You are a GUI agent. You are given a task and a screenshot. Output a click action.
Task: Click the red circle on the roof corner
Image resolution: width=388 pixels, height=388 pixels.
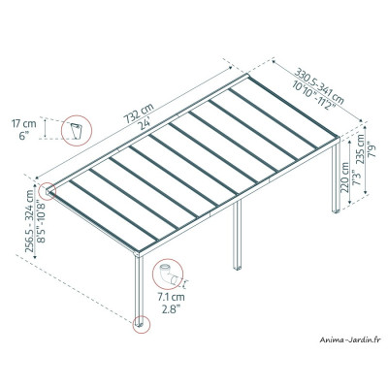pyautogui.click(x=48, y=192)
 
